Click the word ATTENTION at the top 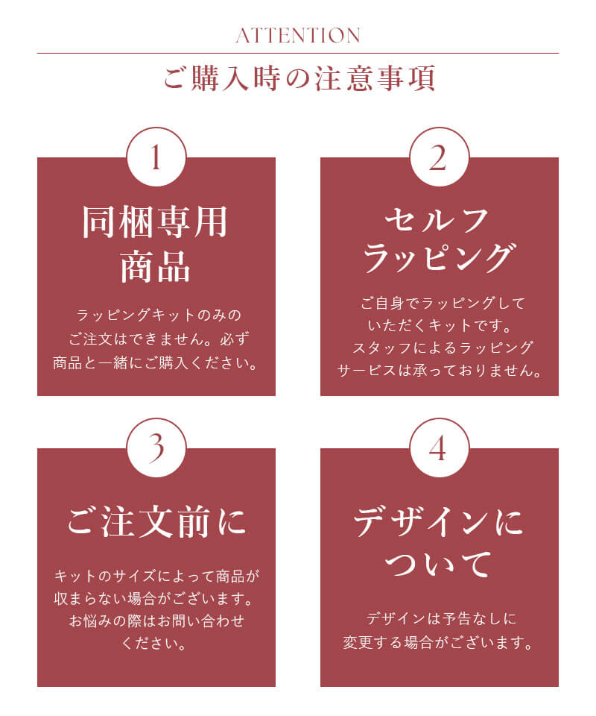click(x=298, y=35)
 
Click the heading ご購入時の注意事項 click(x=298, y=79)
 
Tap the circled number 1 click(x=156, y=157)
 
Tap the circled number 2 click(x=440, y=157)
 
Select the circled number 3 click(x=156, y=447)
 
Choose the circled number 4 click(x=440, y=447)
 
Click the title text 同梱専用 click(x=156, y=221)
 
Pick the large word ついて click(x=439, y=565)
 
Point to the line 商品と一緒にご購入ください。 click(x=156, y=365)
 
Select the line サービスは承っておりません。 click(x=439, y=370)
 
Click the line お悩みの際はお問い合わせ click(x=156, y=621)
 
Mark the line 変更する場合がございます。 click(x=439, y=642)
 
